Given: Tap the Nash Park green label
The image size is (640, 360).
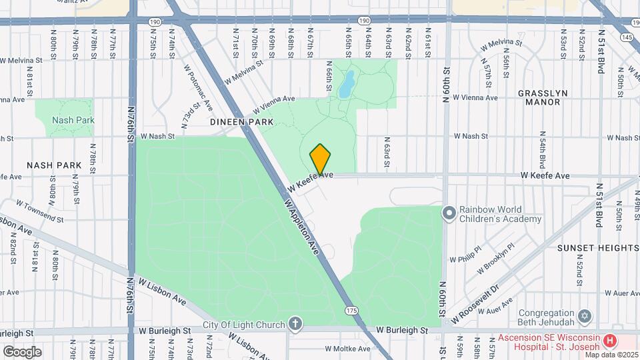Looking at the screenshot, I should click(x=73, y=120).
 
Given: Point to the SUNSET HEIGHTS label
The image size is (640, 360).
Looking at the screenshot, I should click(x=598, y=247).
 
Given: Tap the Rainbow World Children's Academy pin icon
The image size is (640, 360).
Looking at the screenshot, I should click(x=449, y=213).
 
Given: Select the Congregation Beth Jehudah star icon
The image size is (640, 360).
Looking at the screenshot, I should click(x=585, y=315).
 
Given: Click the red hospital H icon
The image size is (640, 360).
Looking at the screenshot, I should click(x=609, y=341).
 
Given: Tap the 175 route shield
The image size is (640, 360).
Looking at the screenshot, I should click(x=351, y=311).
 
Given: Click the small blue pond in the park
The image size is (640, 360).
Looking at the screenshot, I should click(x=347, y=85).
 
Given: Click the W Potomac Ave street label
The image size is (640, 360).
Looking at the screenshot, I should click(x=199, y=87).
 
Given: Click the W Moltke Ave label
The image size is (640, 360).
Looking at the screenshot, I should click(x=347, y=349).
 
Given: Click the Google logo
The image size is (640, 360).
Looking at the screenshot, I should click(x=22, y=351).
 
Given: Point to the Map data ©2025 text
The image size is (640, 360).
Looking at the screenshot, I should click(x=611, y=354).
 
